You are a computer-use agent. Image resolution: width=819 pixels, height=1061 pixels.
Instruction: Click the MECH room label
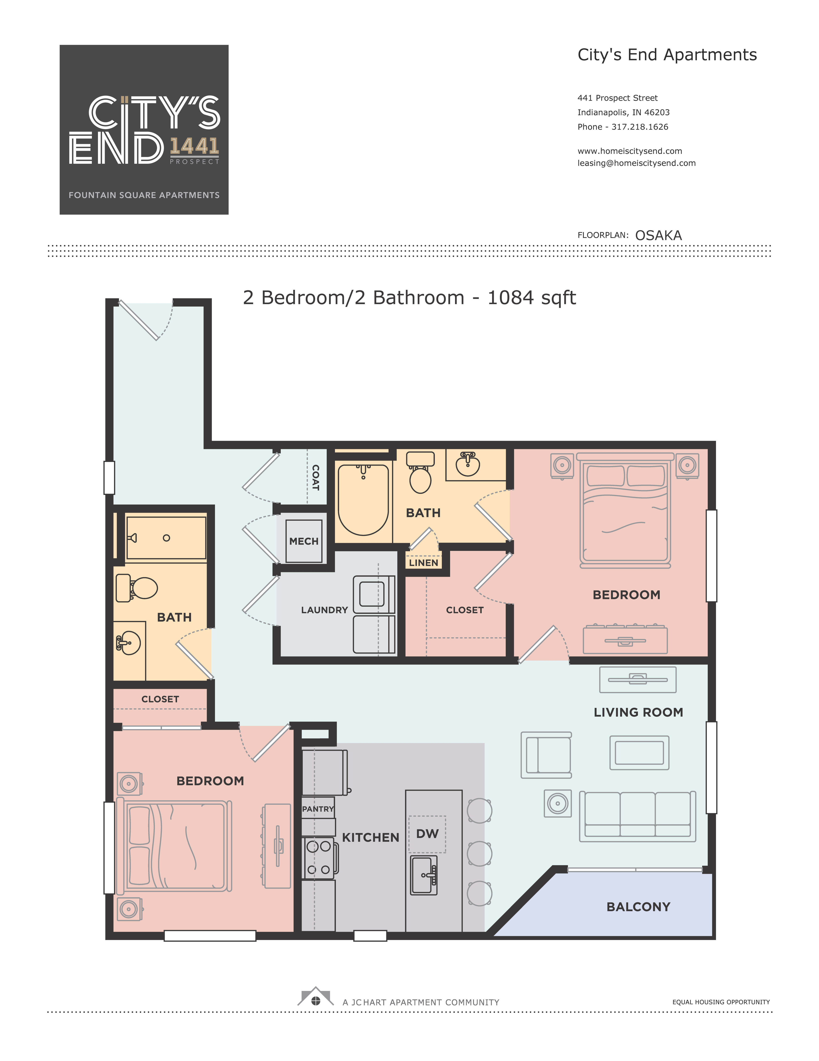(304, 541)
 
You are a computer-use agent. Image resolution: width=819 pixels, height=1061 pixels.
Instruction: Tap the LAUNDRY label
(324, 610)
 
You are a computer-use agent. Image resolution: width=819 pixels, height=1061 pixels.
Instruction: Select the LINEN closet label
(423, 563)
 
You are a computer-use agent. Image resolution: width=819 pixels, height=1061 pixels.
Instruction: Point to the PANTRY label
(318, 809)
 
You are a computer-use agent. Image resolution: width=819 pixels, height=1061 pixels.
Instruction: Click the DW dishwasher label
(427, 834)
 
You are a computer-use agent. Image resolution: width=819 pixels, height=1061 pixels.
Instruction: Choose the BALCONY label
(638, 907)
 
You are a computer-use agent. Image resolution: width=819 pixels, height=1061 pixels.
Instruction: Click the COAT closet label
(315, 477)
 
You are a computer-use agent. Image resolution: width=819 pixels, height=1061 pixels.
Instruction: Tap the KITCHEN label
(370, 838)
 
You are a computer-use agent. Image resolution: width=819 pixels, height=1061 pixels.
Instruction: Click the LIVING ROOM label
(638, 712)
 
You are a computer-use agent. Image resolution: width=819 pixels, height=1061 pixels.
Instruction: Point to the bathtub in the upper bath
(363, 499)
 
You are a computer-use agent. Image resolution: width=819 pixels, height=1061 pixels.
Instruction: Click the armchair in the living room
(546, 755)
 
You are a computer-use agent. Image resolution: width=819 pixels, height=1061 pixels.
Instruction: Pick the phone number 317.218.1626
(640, 127)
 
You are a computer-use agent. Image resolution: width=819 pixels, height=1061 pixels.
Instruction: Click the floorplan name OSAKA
(658, 236)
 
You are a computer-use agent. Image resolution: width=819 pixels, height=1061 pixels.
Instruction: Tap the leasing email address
(636, 163)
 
